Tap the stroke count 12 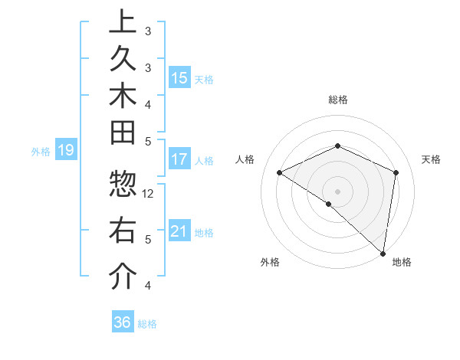[x=149, y=194]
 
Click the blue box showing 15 [x=179, y=77]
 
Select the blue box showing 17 [x=179, y=159]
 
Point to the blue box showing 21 [x=179, y=231]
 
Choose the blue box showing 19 [x=66, y=150]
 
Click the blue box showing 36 [x=123, y=322]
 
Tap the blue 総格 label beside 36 [x=148, y=324]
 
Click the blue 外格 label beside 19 [x=41, y=152]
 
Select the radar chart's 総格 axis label [x=338, y=100]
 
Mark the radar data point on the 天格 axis [x=396, y=172]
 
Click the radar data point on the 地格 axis [x=383, y=253]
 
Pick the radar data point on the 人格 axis [x=280, y=172]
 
